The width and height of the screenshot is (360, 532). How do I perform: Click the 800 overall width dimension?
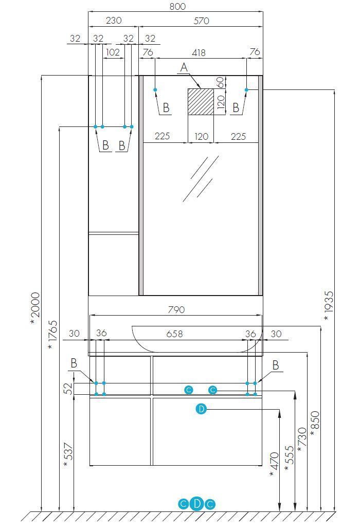177,7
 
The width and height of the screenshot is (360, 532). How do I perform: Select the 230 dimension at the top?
114,21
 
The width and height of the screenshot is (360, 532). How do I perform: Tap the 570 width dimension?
201,21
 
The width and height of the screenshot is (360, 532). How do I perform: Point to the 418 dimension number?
199,52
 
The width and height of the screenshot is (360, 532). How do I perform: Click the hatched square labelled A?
201,101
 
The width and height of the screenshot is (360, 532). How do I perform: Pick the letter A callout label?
184,67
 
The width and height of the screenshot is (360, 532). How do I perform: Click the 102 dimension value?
113,52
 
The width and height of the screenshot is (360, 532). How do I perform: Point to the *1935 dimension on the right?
329,306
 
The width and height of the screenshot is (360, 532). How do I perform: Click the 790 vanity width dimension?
176,309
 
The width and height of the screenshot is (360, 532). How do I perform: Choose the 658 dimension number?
174,334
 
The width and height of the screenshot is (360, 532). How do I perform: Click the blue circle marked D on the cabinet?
201,409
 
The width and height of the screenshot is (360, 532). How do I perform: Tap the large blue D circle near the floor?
197,504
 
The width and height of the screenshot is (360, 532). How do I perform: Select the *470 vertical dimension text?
274,464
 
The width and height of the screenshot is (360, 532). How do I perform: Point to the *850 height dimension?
315,425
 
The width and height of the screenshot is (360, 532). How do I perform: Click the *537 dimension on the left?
68,455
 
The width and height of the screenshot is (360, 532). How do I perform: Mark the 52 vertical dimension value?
68,388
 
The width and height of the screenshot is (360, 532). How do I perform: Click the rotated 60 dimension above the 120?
221,82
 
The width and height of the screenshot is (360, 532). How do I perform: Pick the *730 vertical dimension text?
301,439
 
